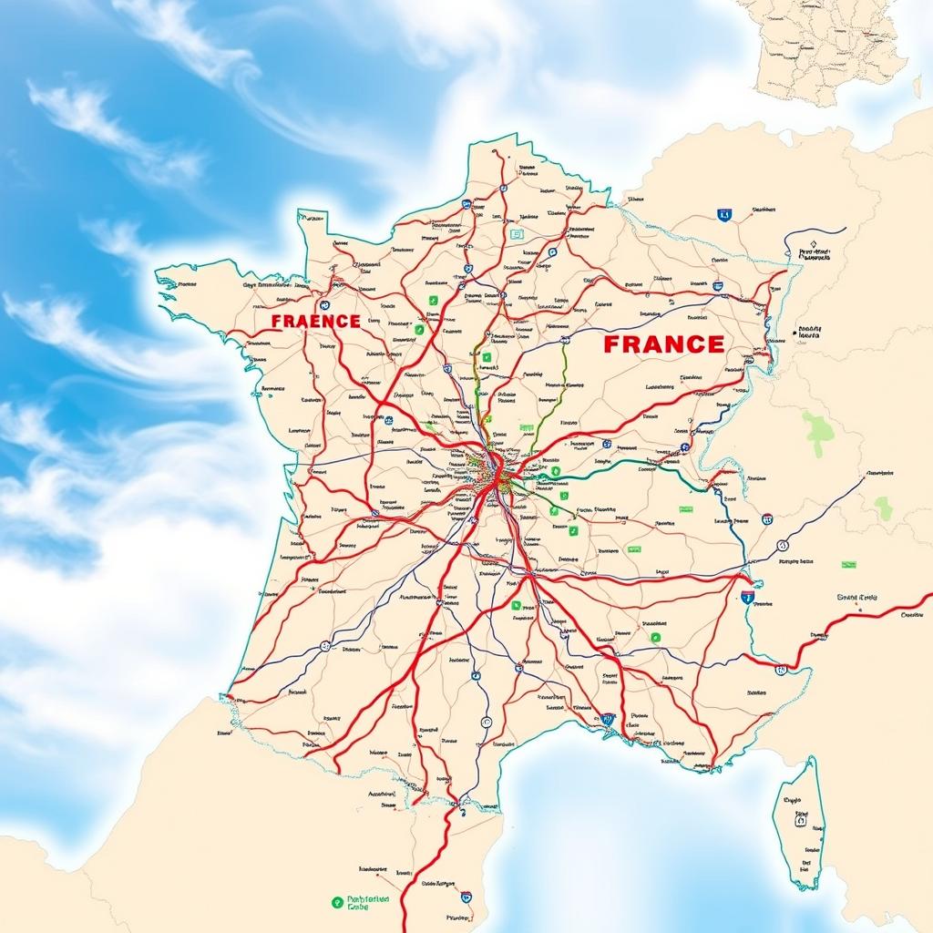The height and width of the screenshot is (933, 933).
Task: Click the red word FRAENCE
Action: point(315,322)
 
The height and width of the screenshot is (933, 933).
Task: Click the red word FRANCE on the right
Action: point(663,344)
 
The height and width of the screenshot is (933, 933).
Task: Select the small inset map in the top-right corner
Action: point(829,50)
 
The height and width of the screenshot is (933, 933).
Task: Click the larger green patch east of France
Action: point(817,432)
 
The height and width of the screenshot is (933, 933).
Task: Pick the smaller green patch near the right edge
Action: point(883,508)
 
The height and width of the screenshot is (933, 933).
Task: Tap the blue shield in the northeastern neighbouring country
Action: point(724,215)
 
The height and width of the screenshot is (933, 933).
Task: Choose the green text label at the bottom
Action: point(369,902)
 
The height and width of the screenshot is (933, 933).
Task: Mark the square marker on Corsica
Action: point(800,820)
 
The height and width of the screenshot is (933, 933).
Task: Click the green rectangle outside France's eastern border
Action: point(848,565)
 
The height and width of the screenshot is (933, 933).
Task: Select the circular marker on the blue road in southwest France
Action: point(324,645)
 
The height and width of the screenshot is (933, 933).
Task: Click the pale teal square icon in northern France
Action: point(518,234)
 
